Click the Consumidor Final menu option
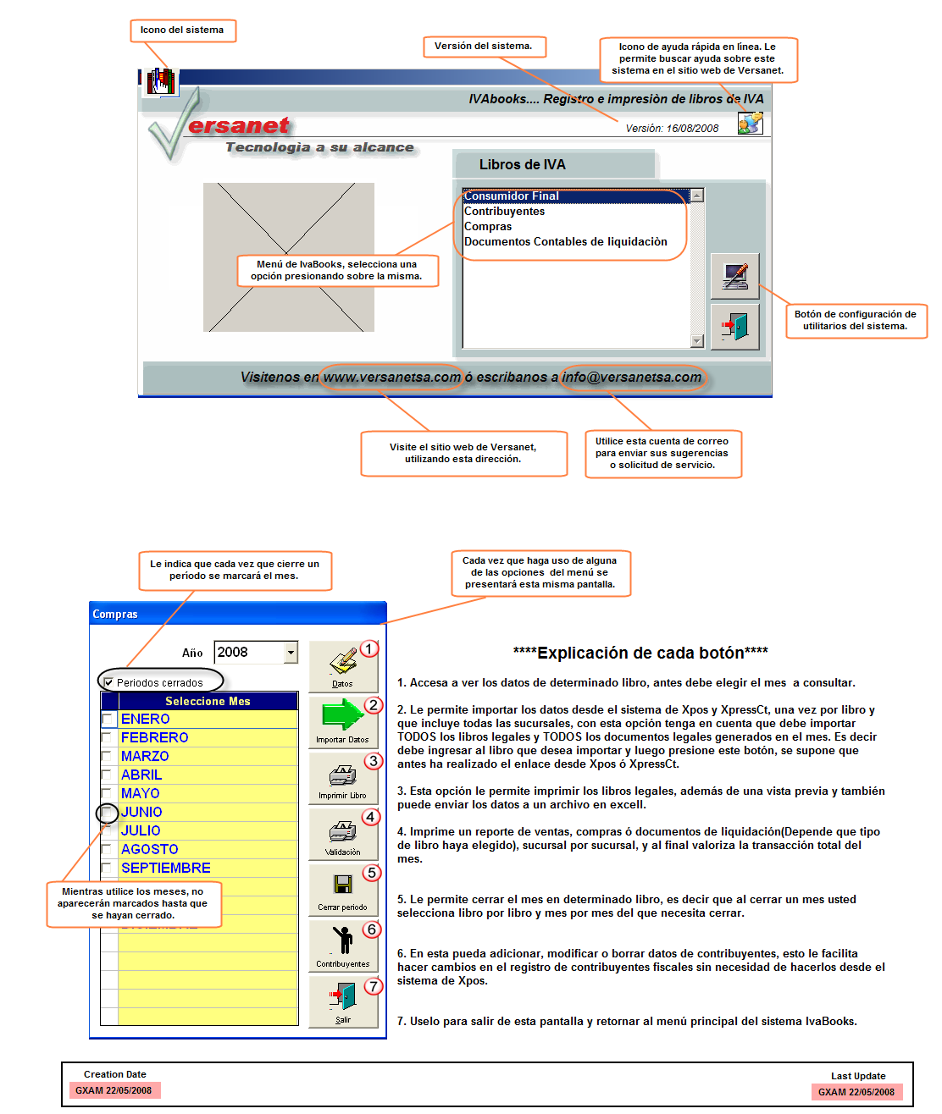coord(512,196)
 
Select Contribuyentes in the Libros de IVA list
coord(505,212)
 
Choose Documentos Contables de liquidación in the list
coord(565,242)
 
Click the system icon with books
coord(161,82)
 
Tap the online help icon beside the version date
coord(750,124)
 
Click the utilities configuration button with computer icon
coord(734,276)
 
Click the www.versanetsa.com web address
coord(392,378)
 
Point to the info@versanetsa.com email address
coord(632,378)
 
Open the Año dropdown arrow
coord(291,653)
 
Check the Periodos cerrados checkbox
coord(108,682)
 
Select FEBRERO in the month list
coord(154,738)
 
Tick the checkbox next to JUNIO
coord(108,813)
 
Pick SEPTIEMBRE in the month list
coord(165,869)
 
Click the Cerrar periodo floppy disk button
coord(342,889)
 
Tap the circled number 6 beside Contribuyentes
coord(371,929)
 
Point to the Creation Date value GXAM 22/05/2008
coord(114,1090)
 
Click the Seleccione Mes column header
coord(208,701)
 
